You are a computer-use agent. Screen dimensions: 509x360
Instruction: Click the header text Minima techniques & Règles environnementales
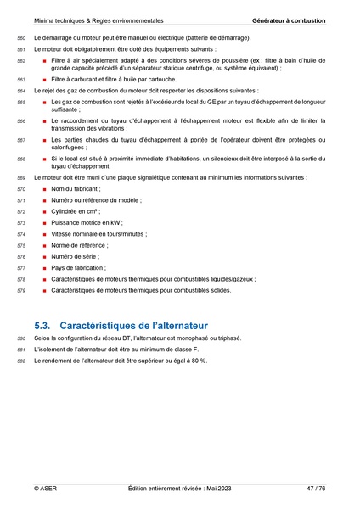click(x=99, y=20)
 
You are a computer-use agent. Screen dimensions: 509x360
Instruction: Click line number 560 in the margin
click(x=22, y=39)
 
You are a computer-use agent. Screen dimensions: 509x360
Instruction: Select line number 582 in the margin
click(x=22, y=361)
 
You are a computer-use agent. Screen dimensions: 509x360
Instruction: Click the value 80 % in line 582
click(x=198, y=361)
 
